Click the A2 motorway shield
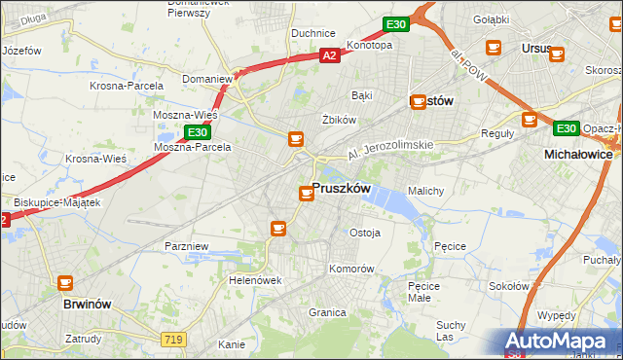tap(330, 56)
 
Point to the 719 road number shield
tap(174, 338)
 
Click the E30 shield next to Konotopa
tap(394, 23)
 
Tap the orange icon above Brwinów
tap(65, 283)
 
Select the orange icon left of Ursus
tap(493, 47)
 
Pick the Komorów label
tap(351, 268)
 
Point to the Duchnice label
tap(313, 33)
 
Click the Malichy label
tap(426, 191)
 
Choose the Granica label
tap(327, 312)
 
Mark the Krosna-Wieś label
tap(92, 159)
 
